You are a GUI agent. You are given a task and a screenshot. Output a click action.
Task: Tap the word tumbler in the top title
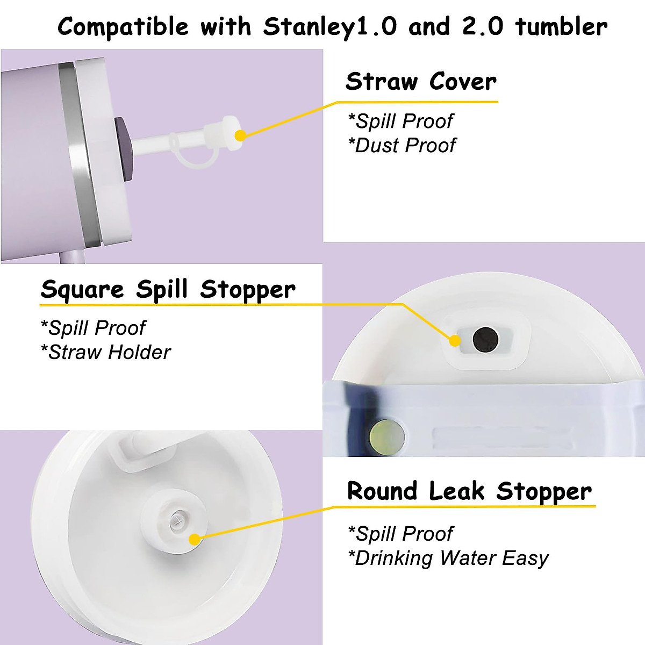561,27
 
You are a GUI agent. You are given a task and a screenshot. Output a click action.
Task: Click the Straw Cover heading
421,82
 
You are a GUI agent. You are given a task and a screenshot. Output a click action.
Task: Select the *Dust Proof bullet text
402,145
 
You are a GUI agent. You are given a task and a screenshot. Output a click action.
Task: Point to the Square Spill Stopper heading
168,289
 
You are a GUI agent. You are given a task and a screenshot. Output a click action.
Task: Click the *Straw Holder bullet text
106,352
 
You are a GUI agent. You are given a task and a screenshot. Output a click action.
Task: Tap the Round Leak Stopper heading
469,491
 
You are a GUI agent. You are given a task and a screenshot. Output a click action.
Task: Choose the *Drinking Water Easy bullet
448,558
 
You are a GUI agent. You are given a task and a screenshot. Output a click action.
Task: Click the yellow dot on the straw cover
240,135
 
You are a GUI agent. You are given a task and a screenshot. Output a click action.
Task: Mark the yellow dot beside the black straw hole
455,340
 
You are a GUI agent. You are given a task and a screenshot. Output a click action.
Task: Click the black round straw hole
485,339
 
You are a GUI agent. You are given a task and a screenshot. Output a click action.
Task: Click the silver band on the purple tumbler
75,150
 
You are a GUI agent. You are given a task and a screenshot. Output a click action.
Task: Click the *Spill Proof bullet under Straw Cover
400,121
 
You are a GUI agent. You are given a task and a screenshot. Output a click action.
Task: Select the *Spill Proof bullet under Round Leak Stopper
400,534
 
